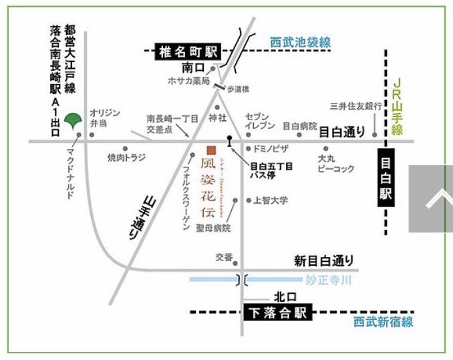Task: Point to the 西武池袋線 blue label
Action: (x=301, y=42)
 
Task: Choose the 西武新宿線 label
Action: (x=383, y=322)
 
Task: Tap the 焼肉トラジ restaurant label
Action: (x=127, y=158)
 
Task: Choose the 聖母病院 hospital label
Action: (x=212, y=228)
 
